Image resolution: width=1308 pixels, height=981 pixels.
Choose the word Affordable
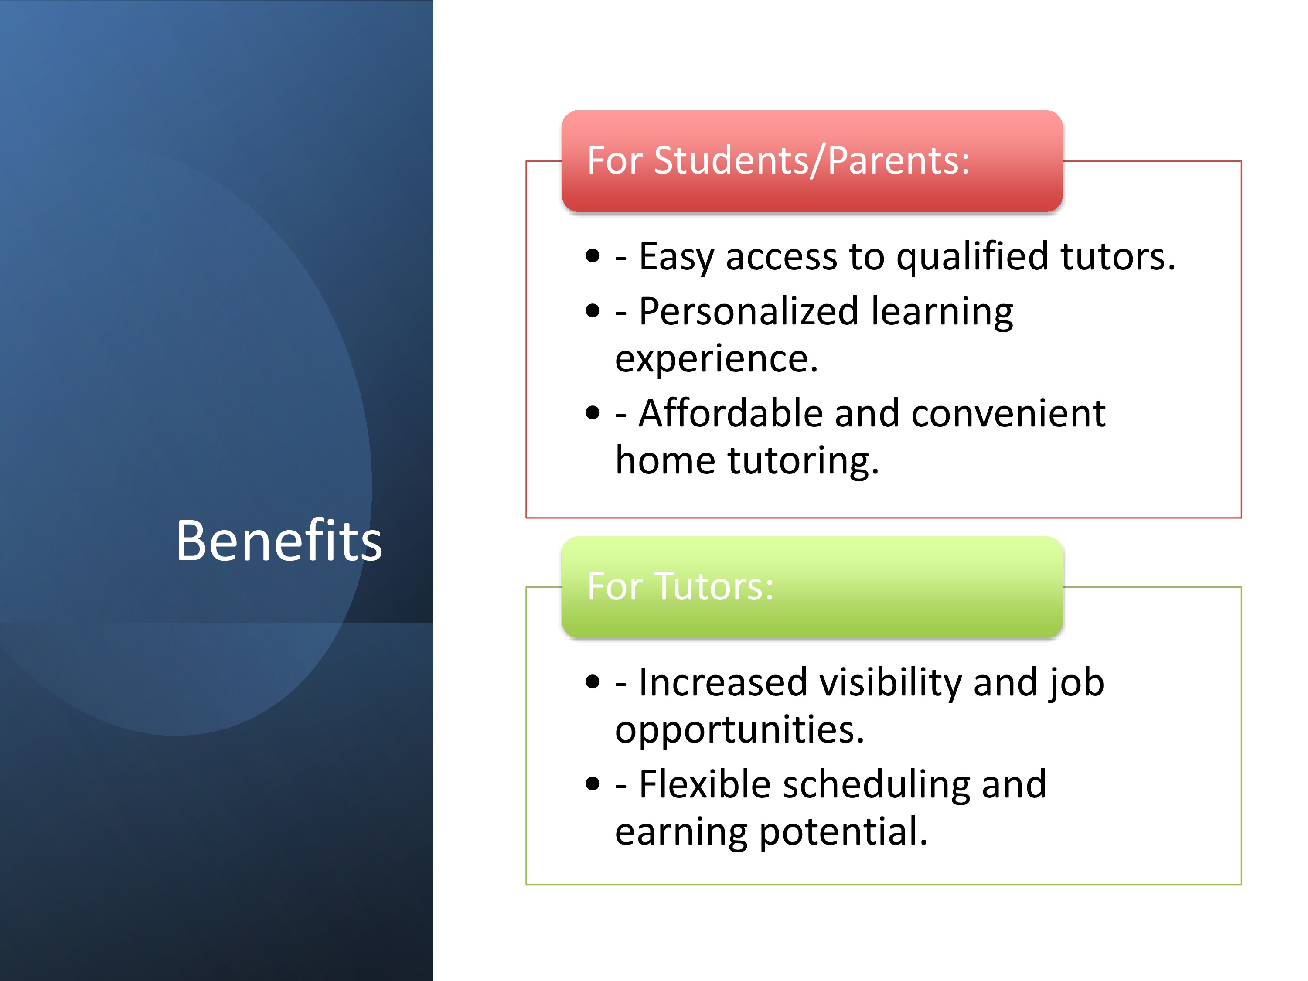(x=731, y=413)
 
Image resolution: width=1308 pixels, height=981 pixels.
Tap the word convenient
(x=1008, y=413)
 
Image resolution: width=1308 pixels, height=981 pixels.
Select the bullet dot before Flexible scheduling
(x=593, y=784)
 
